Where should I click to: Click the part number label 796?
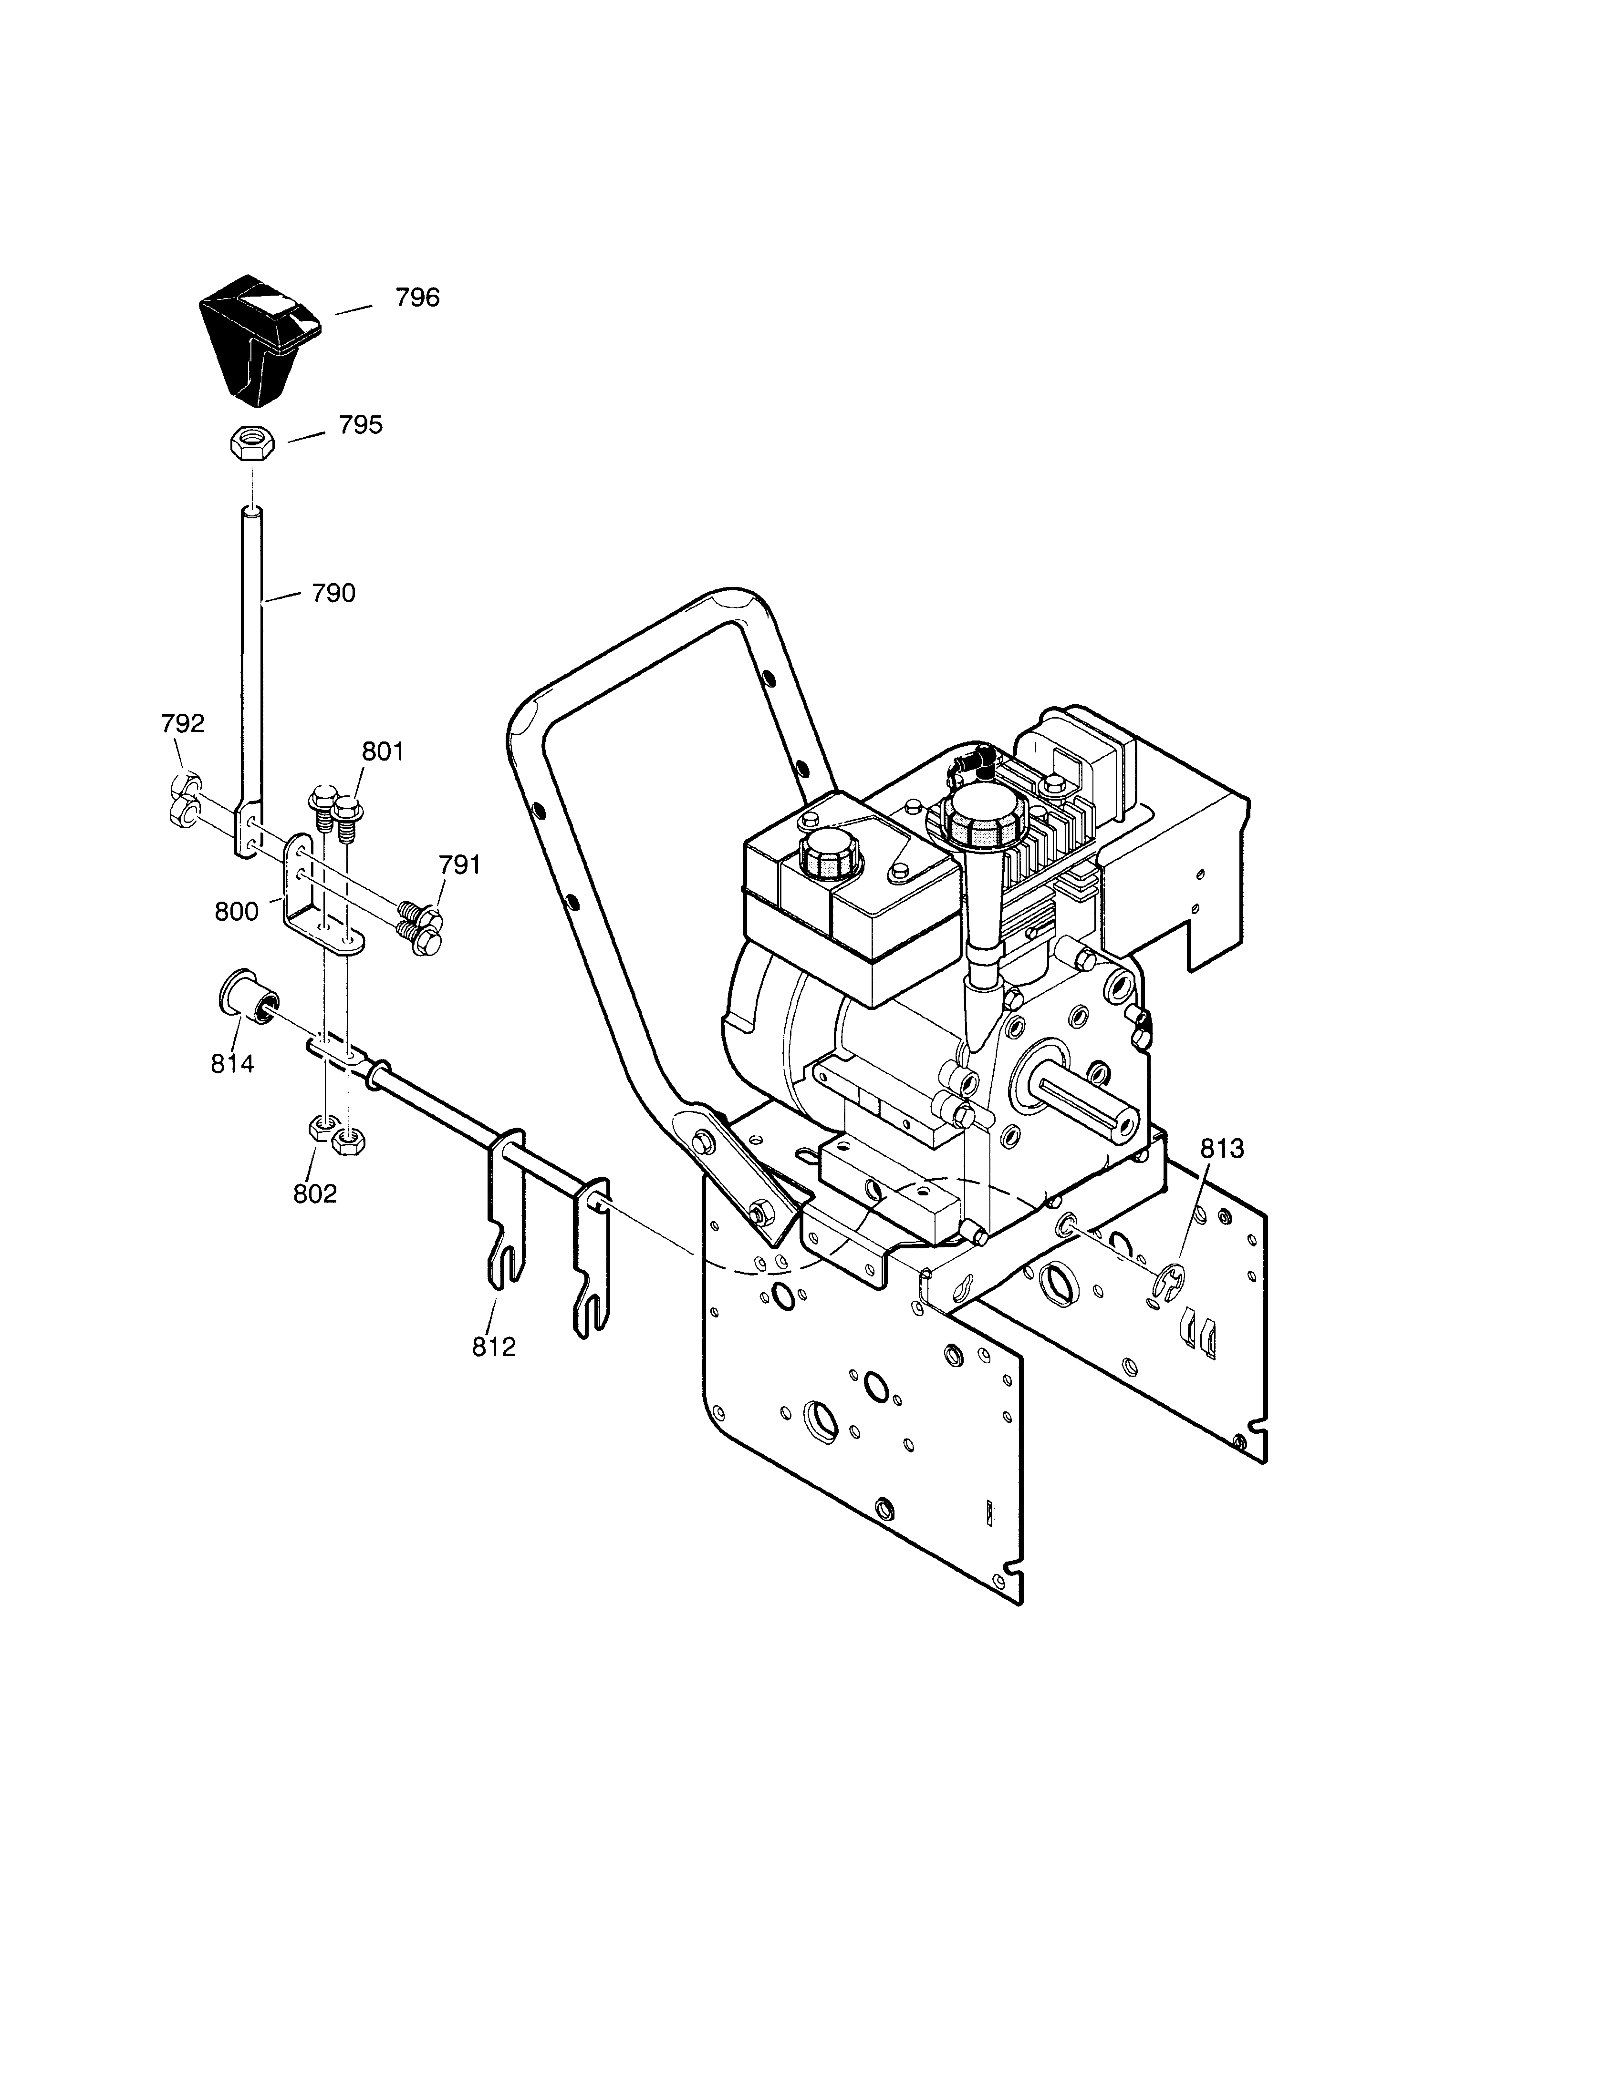[x=417, y=298]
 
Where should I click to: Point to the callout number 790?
[x=333, y=594]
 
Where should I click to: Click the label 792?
[x=183, y=723]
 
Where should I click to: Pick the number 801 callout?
[x=383, y=751]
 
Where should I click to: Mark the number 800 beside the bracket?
[x=236, y=912]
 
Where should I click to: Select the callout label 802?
[x=315, y=1193]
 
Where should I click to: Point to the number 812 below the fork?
[x=494, y=1347]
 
